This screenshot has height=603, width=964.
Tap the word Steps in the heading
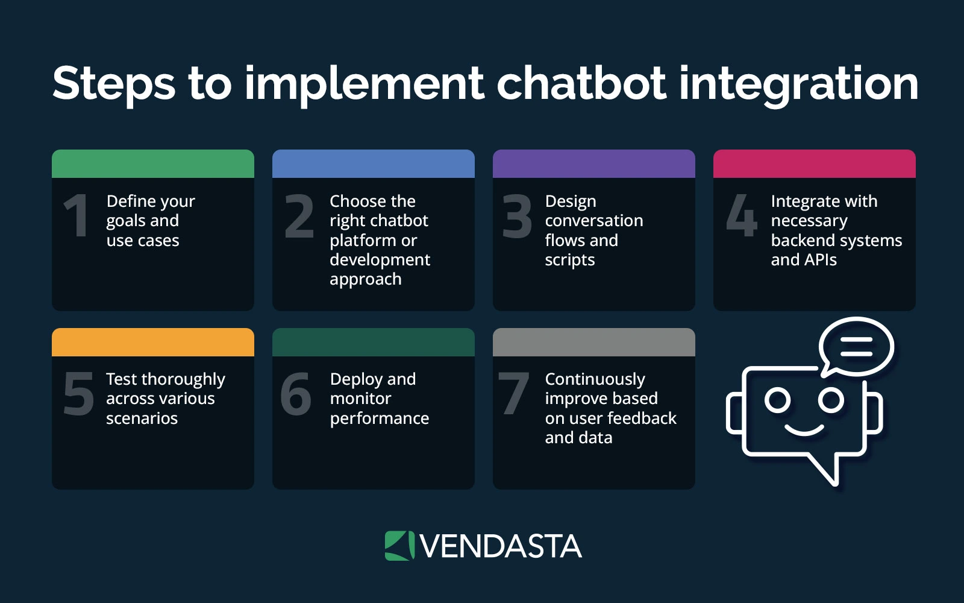114,84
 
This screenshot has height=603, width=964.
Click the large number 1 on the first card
77,216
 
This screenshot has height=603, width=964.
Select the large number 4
741,215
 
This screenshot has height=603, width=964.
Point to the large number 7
513,394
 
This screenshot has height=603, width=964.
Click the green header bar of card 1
153,163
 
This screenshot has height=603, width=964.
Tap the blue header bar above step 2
374,163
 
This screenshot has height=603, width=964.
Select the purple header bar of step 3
594,163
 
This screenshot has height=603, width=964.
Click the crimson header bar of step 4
815,163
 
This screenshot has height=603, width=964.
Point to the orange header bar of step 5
153,342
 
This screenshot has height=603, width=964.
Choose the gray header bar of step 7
594,342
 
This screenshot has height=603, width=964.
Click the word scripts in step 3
570,260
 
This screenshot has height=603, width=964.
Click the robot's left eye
777,400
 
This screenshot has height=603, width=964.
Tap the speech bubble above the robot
856,347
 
